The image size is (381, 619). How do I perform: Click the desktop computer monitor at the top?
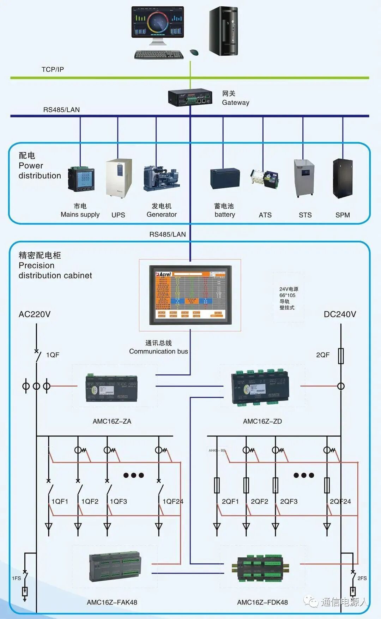point(158,24)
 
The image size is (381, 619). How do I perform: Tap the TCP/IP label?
point(53,69)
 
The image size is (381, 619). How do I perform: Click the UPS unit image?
point(119,178)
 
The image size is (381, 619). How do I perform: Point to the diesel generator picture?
point(161,178)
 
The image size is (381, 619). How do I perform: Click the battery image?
point(225,178)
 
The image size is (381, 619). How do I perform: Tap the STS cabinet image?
point(304,178)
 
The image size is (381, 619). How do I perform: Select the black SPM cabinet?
point(343,178)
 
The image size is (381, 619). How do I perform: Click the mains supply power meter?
point(81,179)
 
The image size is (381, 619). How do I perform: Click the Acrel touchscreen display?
point(190,295)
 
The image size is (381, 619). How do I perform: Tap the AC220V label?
point(35,314)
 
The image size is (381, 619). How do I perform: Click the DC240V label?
point(340,314)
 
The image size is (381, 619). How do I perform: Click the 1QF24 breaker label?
point(173,501)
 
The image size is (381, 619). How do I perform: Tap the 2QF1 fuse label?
point(230,501)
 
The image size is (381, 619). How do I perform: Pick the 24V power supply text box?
point(289,298)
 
